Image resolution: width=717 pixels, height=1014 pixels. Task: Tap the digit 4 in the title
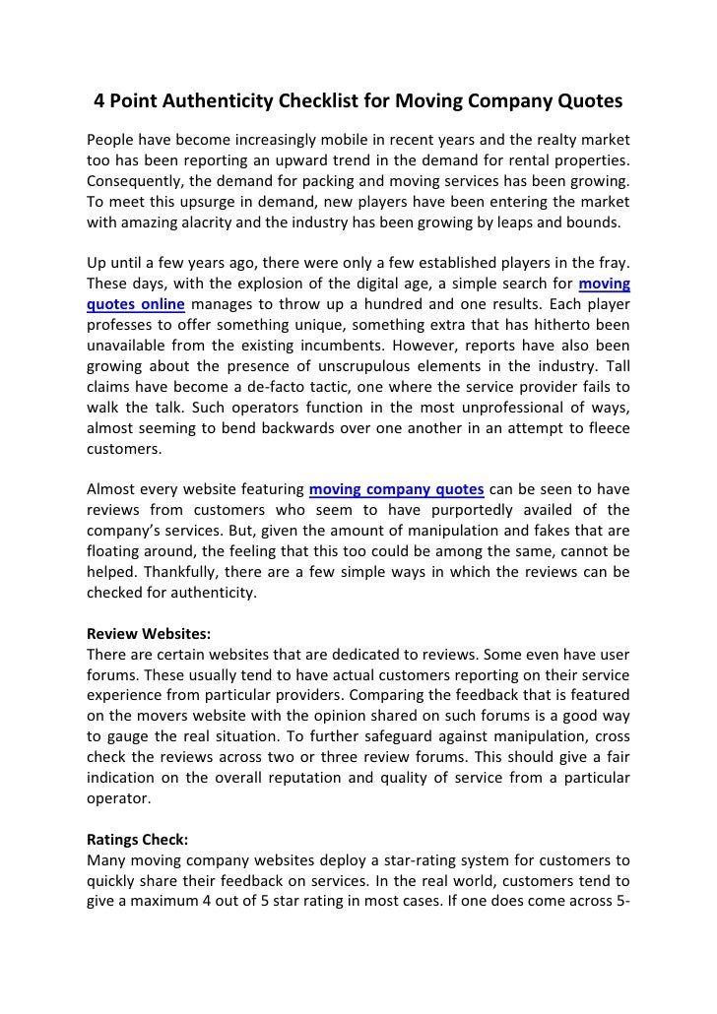pos(99,101)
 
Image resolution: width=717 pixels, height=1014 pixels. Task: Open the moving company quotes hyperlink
pos(396,488)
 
